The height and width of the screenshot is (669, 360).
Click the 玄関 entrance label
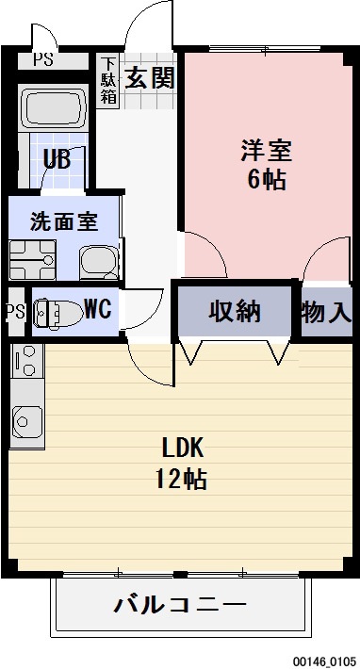point(151,77)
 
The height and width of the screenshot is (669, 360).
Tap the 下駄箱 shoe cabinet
point(108,80)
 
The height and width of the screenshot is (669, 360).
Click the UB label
point(57,158)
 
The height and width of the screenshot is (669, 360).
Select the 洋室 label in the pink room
point(266,151)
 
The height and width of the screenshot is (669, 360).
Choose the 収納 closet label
point(236,310)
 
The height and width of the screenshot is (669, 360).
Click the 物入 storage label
point(326,312)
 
